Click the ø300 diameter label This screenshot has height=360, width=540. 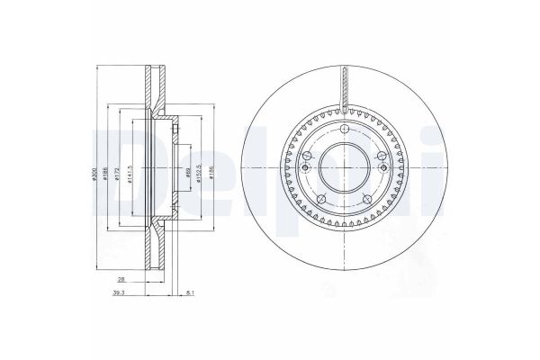pyautogui.click(x=94, y=176)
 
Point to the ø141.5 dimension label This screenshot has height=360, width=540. pyautogui.click(x=132, y=176)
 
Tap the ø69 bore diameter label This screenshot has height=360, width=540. pyautogui.click(x=187, y=176)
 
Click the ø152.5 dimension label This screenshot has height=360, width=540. pyautogui.click(x=199, y=176)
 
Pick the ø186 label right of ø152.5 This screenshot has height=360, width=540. pyautogui.click(x=211, y=176)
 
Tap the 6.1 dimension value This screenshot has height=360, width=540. pyautogui.click(x=187, y=293)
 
